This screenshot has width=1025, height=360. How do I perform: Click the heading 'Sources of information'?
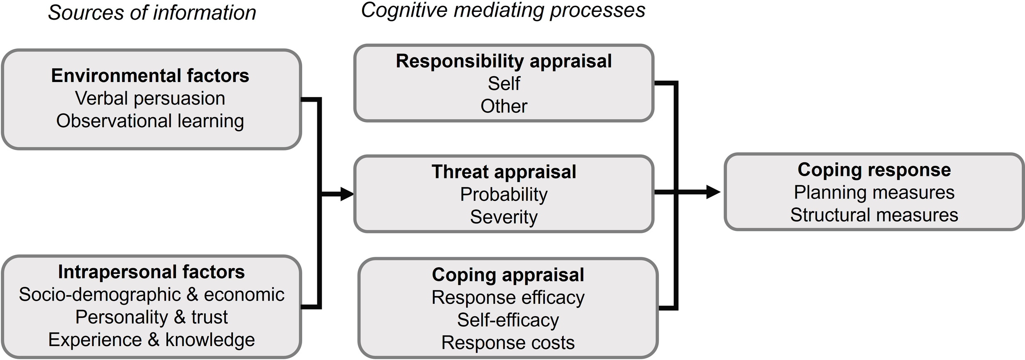click(x=152, y=13)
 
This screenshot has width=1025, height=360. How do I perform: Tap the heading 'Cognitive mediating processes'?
click(x=503, y=10)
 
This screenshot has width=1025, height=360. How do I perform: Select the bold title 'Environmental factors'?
click(x=150, y=76)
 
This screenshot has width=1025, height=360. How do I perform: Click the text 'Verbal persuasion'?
click(x=150, y=98)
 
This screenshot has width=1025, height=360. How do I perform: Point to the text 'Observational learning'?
click(x=150, y=121)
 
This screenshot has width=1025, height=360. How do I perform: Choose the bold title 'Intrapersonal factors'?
click(x=151, y=272)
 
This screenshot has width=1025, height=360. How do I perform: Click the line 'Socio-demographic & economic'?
click(x=151, y=294)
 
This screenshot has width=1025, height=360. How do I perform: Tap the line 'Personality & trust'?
click(x=151, y=317)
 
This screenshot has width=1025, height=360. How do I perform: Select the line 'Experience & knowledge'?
click(x=151, y=340)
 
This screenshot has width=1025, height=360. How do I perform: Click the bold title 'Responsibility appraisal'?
click(x=503, y=61)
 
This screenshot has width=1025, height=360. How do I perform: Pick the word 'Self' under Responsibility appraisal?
click(x=503, y=84)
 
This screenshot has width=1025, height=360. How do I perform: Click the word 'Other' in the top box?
click(x=503, y=106)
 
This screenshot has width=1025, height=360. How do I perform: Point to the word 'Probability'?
click(x=503, y=194)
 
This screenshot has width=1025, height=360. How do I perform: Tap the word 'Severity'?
click(x=503, y=217)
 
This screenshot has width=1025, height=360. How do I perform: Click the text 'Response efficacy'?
click(x=508, y=297)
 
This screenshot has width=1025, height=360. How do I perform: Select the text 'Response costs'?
click(x=508, y=343)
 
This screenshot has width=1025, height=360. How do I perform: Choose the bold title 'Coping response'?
click(x=874, y=170)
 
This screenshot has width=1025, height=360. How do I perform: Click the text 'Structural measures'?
click(x=874, y=215)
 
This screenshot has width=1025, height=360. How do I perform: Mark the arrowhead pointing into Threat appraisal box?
click(x=347, y=194)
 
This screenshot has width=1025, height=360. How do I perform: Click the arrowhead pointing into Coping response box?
click(x=713, y=191)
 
